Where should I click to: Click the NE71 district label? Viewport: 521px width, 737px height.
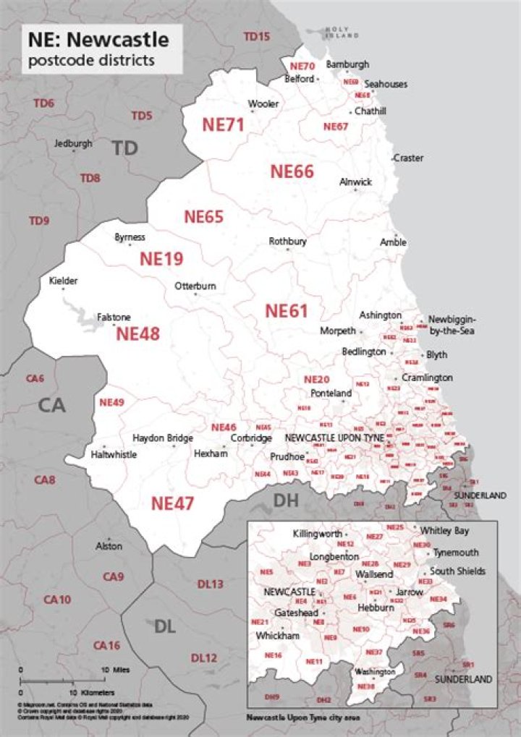(x=223, y=124)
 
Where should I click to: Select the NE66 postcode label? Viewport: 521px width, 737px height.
(x=292, y=171)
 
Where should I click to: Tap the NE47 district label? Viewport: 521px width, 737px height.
(x=172, y=503)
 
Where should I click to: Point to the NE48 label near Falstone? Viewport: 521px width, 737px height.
(x=137, y=333)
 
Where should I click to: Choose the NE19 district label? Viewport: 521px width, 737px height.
(x=161, y=259)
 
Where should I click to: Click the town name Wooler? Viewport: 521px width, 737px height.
(x=263, y=104)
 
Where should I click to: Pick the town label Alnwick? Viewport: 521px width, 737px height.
(x=356, y=182)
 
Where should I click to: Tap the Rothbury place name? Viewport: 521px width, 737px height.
(x=288, y=241)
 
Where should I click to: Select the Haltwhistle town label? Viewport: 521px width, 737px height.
(x=114, y=455)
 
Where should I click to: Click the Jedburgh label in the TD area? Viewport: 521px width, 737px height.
(x=73, y=143)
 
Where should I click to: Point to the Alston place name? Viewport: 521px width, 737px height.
(x=109, y=546)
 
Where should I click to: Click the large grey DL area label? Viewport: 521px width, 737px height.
(x=165, y=626)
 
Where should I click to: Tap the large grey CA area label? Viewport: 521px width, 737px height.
(x=52, y=405)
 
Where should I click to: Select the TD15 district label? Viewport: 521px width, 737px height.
(x=256, y=36)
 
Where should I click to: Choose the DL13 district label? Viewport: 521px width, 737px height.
(x=210, y=584)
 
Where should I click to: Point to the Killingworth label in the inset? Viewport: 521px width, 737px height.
(x=318, y=534)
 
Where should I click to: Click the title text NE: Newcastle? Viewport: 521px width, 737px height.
(x=98, y=38)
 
